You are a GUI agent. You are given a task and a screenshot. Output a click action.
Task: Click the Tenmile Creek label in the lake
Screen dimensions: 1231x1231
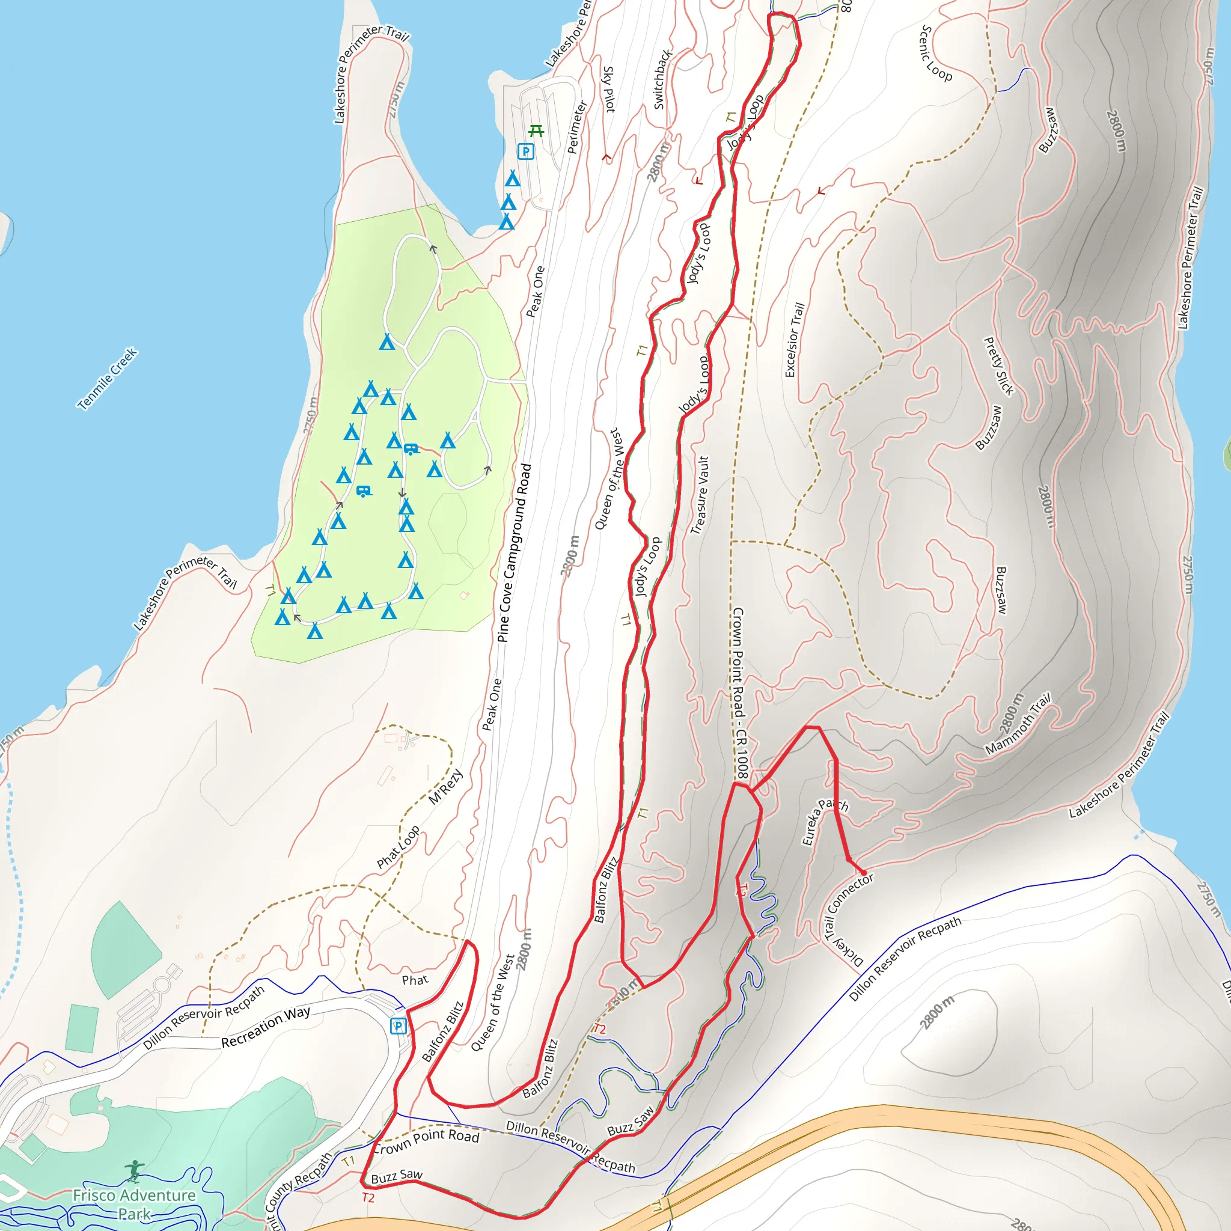(108, 379)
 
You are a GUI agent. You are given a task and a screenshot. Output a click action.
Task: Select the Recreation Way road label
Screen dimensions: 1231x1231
(266, 1026)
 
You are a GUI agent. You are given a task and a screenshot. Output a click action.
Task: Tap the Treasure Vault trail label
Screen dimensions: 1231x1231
(700, 495)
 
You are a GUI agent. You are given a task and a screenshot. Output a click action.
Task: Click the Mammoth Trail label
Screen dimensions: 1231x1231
(1018, 724)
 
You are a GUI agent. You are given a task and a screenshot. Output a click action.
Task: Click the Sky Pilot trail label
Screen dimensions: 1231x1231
(609, 89)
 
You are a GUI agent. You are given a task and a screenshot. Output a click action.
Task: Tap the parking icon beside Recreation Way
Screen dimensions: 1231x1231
(399, 1026)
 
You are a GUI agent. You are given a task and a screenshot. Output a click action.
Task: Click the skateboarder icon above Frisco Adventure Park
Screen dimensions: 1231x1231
(134, 1171)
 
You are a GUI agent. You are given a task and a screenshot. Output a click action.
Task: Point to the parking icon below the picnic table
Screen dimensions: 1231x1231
(526, 151)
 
